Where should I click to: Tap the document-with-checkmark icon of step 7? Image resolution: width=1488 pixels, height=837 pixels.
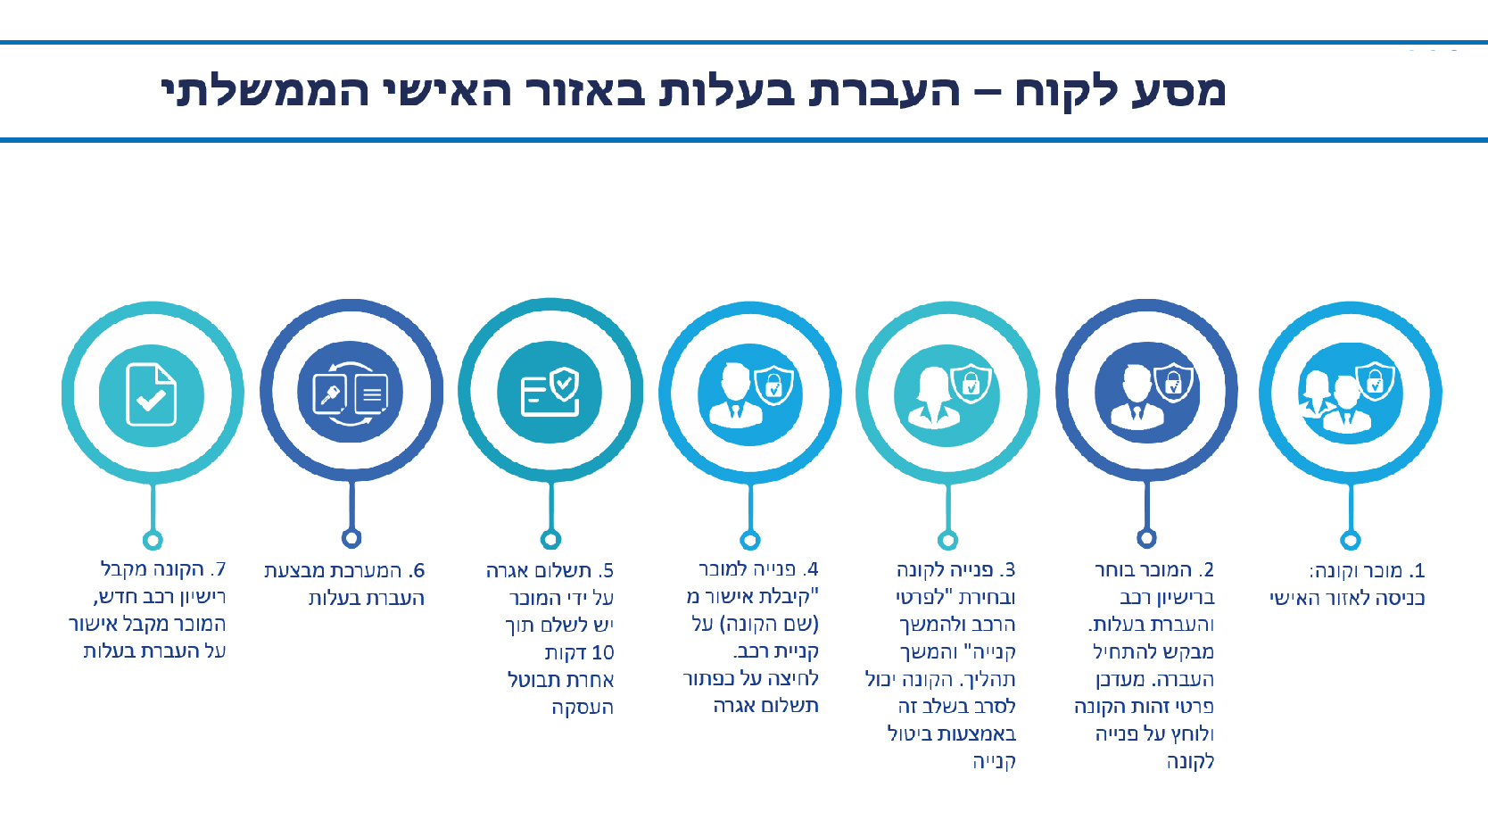(152, 394)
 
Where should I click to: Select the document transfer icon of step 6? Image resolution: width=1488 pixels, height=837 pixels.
(350, 393)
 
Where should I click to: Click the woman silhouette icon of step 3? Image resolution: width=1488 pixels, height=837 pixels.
(932, 398)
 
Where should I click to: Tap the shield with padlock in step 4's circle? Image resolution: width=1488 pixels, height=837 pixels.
(773, 385)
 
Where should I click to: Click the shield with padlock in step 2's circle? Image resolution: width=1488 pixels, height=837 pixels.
(1173, 383)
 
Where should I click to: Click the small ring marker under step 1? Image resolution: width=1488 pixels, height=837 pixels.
(1350, 540)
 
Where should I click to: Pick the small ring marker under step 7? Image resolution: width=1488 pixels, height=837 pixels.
(153, 540)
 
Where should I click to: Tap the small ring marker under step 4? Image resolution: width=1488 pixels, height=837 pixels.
(750, 540)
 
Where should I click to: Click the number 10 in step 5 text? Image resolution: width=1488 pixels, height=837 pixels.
(603, 653)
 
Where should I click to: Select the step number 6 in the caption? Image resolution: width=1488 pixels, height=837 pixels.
(417, 571)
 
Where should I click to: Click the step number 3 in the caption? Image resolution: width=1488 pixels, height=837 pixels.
(1008, 570)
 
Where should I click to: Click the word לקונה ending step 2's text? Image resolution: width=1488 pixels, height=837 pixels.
(1190, 761)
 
